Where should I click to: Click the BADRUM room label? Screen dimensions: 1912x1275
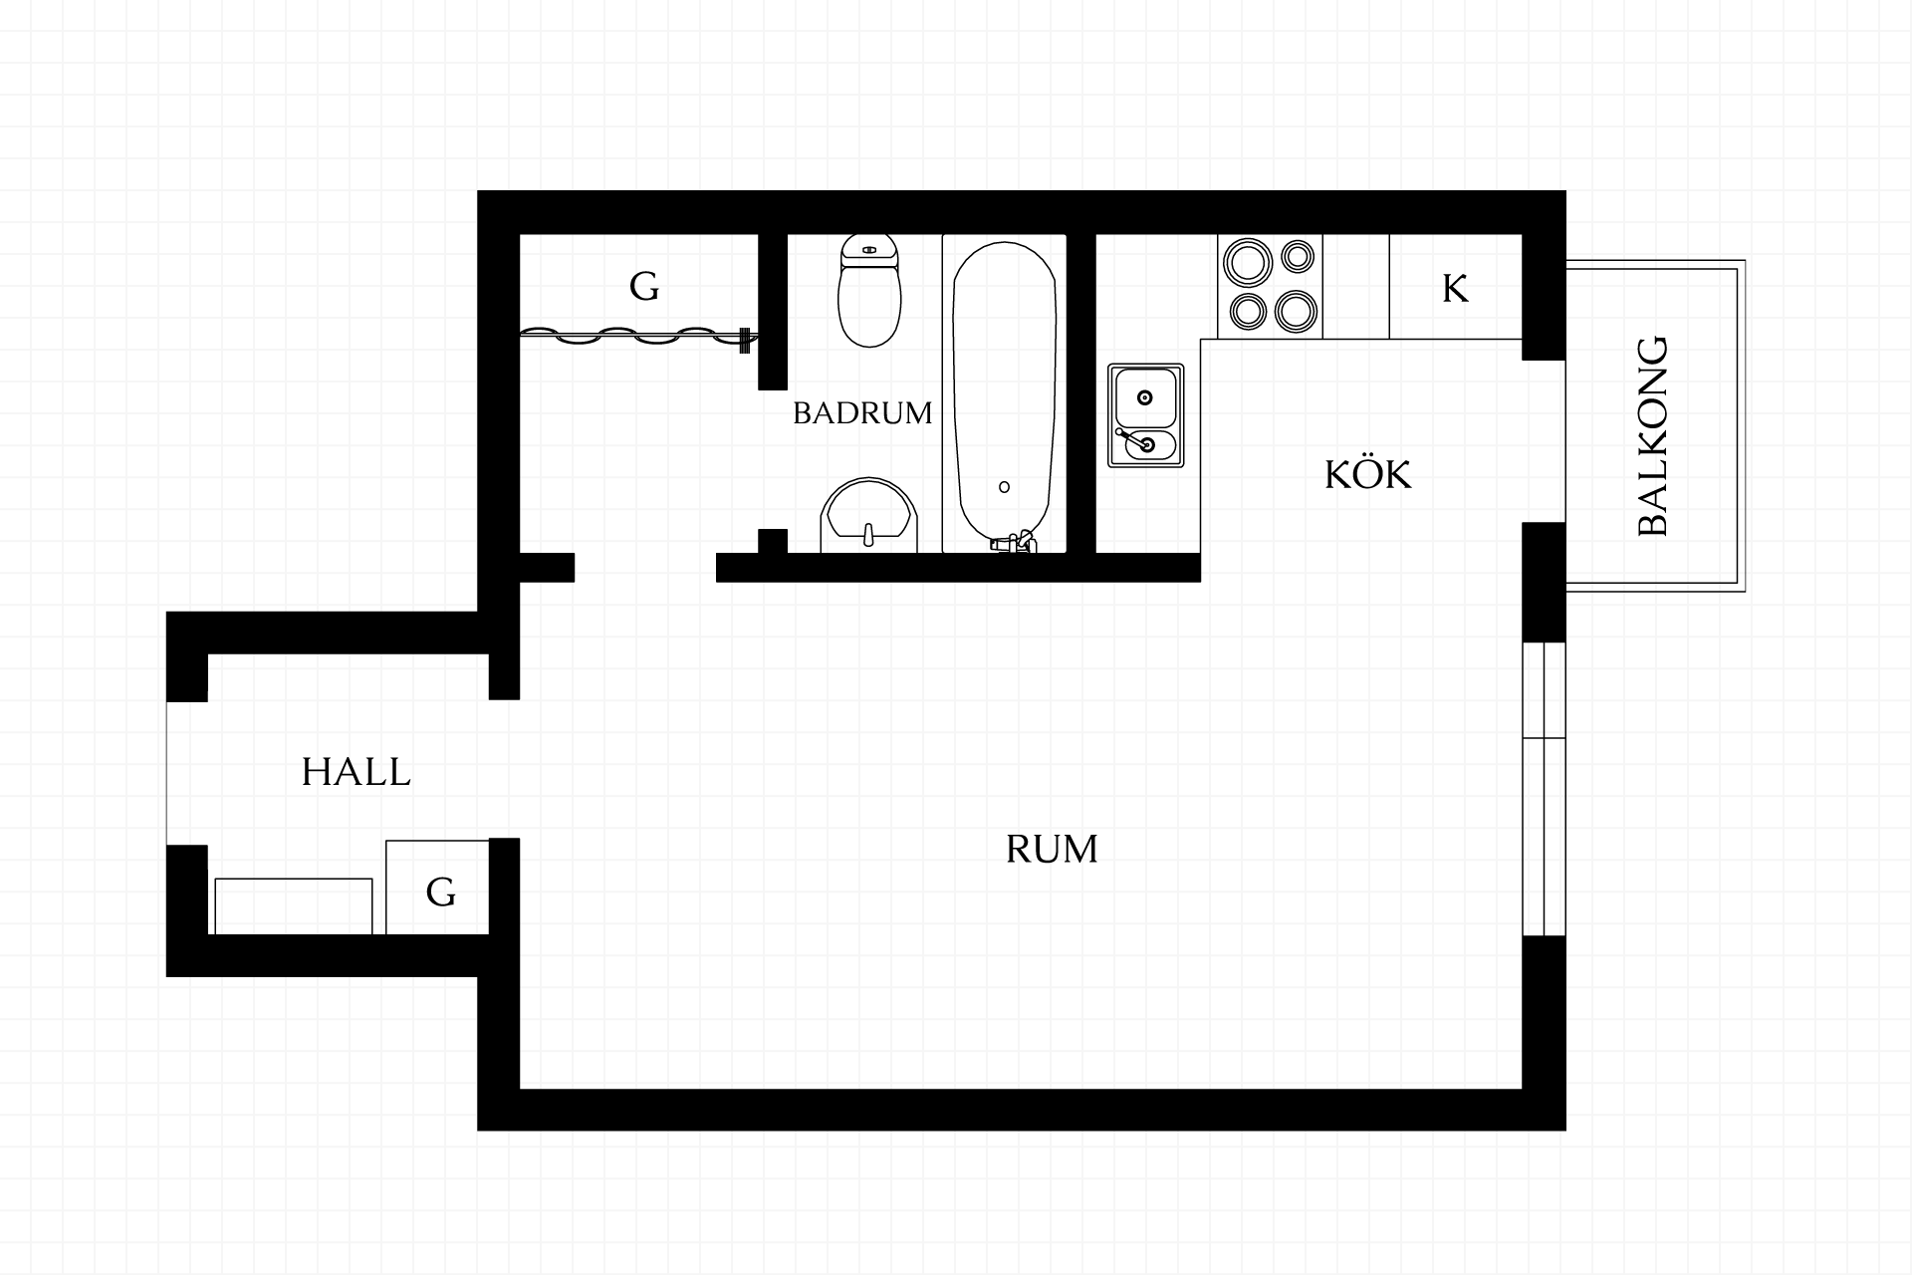click(x=862, y=412)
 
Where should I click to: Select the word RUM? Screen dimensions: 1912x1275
click(x=1052, y=849)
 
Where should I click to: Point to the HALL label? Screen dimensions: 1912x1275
click(x=357, y=772)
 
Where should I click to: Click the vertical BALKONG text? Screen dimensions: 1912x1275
click(x=1653, y=436)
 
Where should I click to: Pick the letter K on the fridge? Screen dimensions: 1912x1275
click(x=1455, y=289)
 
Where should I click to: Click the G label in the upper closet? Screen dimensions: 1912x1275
click(x=644, y=287)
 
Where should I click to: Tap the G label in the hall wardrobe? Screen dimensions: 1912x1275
click(x=440, y=892)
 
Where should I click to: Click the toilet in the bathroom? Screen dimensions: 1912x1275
click(x=869, y=290)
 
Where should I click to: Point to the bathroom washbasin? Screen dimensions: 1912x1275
click(x=868, y=515)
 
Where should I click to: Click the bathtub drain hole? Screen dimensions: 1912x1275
click(x=1004, y=487)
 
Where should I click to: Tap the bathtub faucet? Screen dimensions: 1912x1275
click(x=1015, y=543)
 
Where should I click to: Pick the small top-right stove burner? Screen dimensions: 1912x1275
click(x=1297, y=256)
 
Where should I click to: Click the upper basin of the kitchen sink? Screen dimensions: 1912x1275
click(x=1145, y=397)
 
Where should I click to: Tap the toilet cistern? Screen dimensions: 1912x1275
click(x=869, y=250)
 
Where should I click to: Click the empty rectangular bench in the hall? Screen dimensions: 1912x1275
click(x=294, y=906)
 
